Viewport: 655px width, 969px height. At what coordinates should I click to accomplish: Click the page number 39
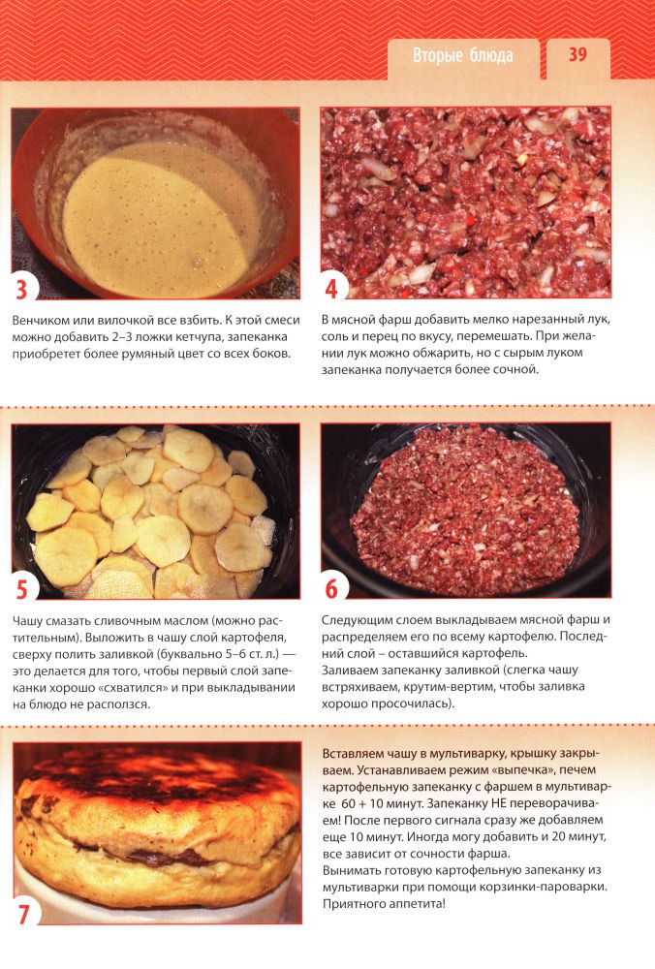click(x=577, y=54)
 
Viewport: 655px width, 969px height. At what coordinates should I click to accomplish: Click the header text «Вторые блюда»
click(x=463, y=55)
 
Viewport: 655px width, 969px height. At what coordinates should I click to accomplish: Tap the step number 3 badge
click(x=22, y=289)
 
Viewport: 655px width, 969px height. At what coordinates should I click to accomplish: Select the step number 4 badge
click(x=331, y=289)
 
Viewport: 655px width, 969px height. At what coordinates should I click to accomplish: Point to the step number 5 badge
click(x=22, y=589)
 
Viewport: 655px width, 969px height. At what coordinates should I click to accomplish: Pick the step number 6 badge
click(x=331, y=589)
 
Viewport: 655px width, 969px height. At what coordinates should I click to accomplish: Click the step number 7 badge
click(x=23, y=914)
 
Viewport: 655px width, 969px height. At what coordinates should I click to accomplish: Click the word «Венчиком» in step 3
click(x=40, y=320)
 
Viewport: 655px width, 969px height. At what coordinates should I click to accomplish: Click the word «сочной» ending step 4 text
click(x=515, y=369)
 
